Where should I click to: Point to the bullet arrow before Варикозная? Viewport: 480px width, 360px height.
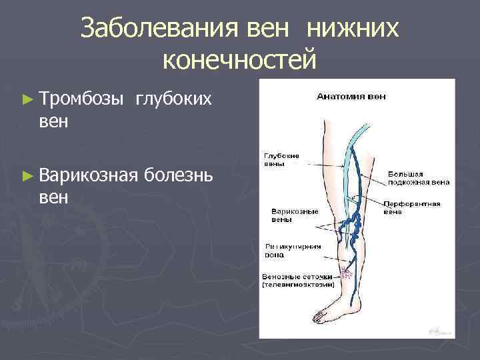tap(27, 176)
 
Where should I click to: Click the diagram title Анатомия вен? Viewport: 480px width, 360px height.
tap(351, 96)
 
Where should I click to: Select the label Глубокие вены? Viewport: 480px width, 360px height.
tap(281, 159)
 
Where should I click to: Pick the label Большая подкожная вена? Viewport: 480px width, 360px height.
tap(419, 178)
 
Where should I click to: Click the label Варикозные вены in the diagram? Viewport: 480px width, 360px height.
tap(294, 215)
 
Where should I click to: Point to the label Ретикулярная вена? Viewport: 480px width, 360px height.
tap(294, 249)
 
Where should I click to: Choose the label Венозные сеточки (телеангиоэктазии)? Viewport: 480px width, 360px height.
tap(297, 279)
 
